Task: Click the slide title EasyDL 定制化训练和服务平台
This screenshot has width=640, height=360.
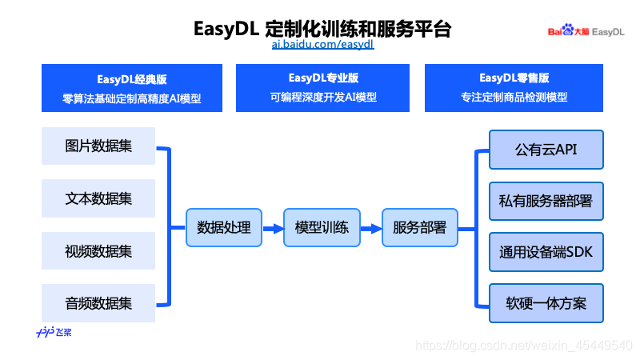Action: pyautogui.click(x=322, y=29)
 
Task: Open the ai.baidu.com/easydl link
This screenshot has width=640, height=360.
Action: pyautogui.click(x=322, y=45)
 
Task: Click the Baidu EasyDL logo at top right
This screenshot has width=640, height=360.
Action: pyautogui.click(x=586, y=31)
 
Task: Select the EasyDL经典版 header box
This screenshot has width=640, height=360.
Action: pyautogui.click(x=132, y=88)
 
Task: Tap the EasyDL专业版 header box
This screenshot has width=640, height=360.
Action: pyautogui.click(x=323, y=88)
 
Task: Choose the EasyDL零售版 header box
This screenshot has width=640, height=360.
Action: pyautogui.click(x=514, y=88)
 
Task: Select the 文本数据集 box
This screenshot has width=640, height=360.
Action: pyautogui.click(x=99, y=198)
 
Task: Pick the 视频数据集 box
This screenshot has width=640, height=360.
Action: pyautogui.click(x=99, y=251)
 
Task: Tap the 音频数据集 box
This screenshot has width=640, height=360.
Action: pyautogui.click(x=99, y=304)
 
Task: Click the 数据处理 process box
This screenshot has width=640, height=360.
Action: pyautogui.click(x=224, y=227)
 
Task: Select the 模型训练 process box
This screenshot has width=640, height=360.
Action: pyautogui.click(x=322, y=227)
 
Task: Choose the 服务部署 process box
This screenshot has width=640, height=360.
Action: pyautogui.click(x=419, y=227)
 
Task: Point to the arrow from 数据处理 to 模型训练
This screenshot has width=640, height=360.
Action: pyautogui.click(x=273, y=228)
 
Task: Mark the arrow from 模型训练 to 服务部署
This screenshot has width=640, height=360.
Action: pyautogui.click(x=370, y=228)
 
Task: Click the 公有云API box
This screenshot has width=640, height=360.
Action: pyautogui.click(x=546, y=150)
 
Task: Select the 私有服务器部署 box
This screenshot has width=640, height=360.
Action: pyautogui.click(x=546, y=201)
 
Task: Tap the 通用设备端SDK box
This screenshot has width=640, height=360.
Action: pyautogui.click(x=546, y=253)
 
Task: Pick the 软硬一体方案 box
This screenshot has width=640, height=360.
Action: pyautogui.click(x=546, y=304)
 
